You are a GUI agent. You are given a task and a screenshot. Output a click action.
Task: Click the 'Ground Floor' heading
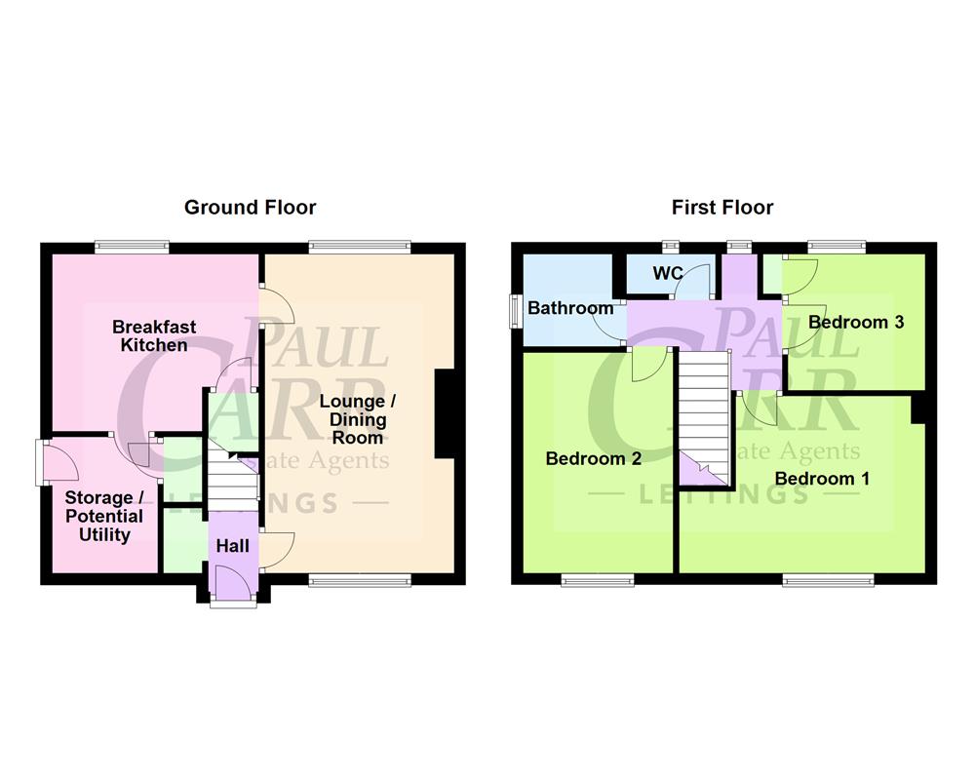[x=251, y=207]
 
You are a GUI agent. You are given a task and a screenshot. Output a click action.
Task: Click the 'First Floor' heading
[x=722, y=207]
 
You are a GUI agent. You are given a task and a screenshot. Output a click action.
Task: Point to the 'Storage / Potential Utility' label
[x=103, y=517]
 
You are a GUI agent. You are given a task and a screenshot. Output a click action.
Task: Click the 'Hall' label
[x=233, y=546]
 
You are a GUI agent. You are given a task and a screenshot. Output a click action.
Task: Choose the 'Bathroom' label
[x=570, y=308]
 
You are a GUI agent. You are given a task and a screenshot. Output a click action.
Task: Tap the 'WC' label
[x=667, y=274]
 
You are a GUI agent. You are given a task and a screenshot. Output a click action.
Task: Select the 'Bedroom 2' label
[x=593, y=458]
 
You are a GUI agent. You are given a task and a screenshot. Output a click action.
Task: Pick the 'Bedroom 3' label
[x=855, y=322]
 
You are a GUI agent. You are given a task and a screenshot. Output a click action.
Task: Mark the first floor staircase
[x=703, y=414]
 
